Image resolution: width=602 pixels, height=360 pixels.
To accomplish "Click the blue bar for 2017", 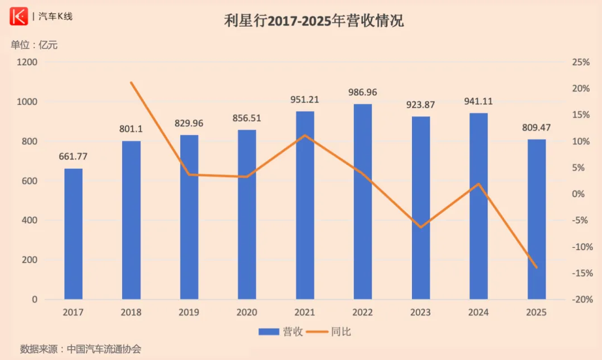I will coord(73,234).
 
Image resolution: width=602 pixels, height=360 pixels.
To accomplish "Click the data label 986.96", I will coord(363,92).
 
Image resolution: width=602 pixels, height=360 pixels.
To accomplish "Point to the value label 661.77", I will coord(74,157).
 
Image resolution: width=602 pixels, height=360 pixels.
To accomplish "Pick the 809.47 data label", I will coord(537,128).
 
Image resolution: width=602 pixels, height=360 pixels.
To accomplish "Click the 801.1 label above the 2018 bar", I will coord(131,129).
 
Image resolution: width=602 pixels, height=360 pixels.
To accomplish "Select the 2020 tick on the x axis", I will coord(247,313).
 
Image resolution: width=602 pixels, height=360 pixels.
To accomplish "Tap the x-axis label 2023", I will coord(421,313).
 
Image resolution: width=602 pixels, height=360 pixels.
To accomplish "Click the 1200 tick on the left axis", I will coord(27,62).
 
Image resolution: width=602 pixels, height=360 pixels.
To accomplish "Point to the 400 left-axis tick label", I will coord(31,221).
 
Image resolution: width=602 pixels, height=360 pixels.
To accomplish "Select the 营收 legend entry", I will coord(281,332).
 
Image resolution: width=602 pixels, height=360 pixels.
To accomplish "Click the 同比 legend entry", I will coord(333,332).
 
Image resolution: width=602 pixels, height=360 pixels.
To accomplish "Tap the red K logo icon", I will coord(18,17).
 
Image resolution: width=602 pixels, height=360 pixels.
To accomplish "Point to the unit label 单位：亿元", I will coord(34,45).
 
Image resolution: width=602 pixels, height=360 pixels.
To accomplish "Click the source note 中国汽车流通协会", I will coord(104,349).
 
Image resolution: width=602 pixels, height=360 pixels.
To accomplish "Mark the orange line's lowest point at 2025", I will coord(537,268).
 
